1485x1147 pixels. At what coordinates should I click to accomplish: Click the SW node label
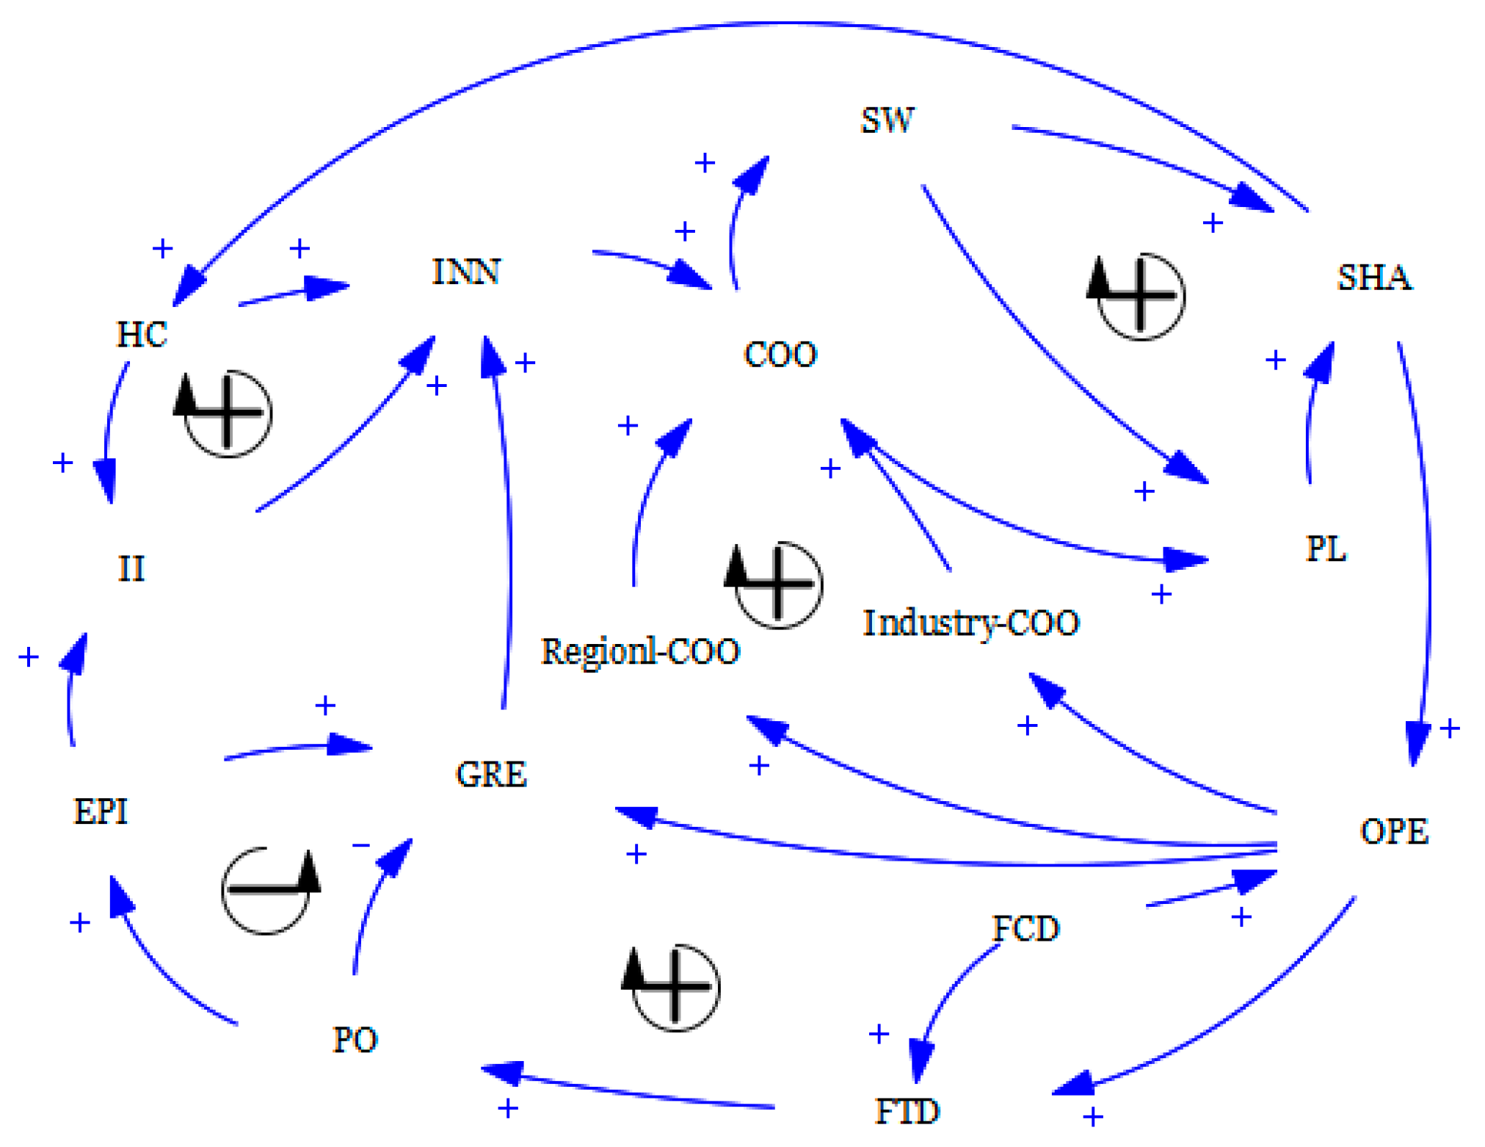(887, 120)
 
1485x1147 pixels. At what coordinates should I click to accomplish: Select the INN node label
(466, 272)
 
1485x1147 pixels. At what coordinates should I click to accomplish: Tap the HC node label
(142, 335)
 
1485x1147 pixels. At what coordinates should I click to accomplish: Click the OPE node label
(1394, 831)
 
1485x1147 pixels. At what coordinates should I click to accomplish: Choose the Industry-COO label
(970, 623)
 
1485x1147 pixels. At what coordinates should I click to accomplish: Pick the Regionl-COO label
(640, 651)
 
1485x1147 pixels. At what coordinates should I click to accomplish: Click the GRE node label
(491, 774)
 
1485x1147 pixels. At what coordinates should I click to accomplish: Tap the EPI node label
(101, 811)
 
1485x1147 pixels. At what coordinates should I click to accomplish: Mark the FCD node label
(1025, 929)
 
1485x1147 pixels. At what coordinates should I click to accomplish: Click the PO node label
(355, 1040)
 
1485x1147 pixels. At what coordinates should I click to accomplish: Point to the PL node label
(1326, 549)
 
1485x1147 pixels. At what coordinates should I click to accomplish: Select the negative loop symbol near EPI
(268, 889)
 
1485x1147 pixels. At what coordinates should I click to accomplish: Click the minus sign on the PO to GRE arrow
(361, 845)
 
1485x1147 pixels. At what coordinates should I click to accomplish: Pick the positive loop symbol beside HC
(226, 413)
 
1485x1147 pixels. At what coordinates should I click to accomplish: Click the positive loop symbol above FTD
(674, 987)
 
